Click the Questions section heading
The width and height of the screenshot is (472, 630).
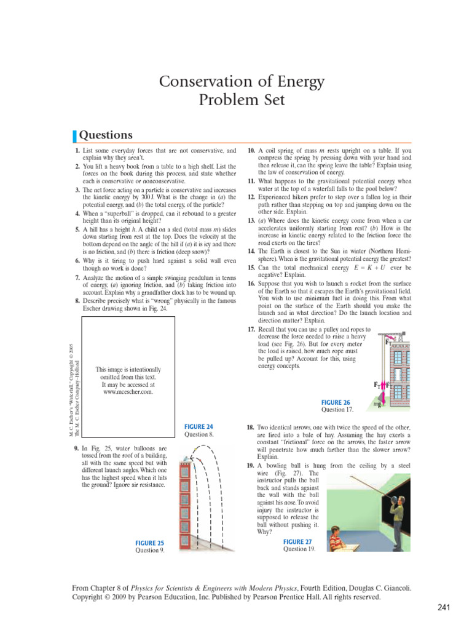click(107, 135)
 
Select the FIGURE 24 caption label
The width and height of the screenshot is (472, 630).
click(199, 426)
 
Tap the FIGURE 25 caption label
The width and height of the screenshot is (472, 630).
click(149, 543)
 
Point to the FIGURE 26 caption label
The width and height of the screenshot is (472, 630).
click(336, 402)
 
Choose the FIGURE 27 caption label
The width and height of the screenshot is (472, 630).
click(298, 541)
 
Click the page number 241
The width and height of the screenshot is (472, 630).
click(445, 608)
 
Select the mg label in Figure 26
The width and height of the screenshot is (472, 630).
click(377, 405)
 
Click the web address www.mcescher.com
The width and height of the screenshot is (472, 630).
click(128, 391)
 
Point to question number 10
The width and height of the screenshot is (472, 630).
click(251, 150)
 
